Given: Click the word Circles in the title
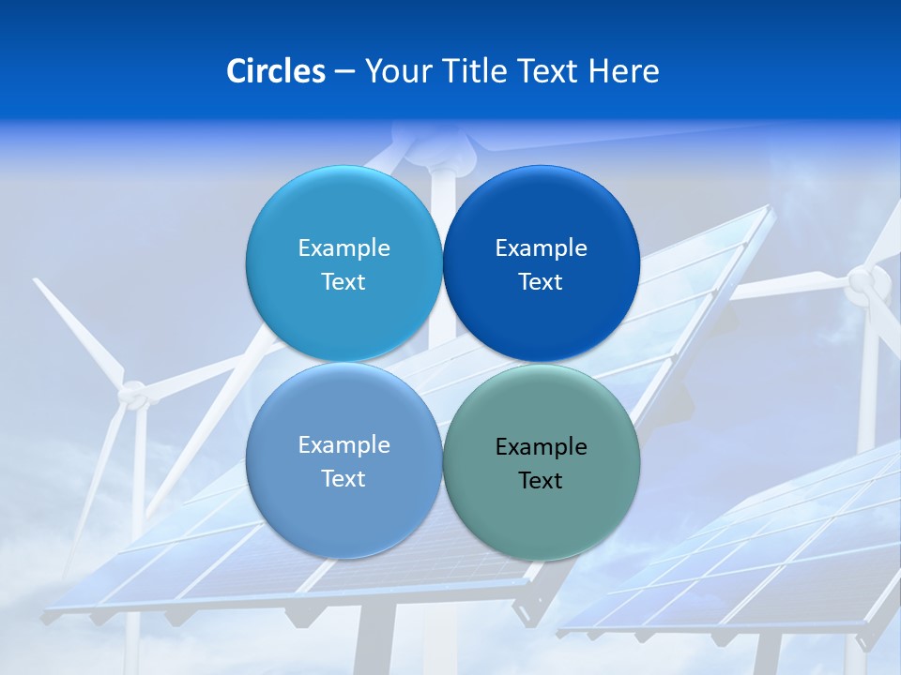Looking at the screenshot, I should pyautogui.click(x=275, y=71).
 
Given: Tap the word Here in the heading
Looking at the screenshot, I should pyautogui.click(x=623, y=71).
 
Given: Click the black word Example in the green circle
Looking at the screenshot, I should pyautogui.click(x=542, y=446).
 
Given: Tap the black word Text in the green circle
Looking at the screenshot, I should pyautogui.click(x=541, y=481).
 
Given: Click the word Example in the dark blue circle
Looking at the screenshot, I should pyautogui.click(x=542, y=248).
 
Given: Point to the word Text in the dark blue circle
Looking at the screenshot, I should pyautogui.click(x=541, y=282).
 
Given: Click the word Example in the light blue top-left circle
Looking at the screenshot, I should pyautogui.click(x=344, y=248).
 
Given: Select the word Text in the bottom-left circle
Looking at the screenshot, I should pyautogui.click(x=344, y=479).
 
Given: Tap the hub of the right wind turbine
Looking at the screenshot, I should pyautogui.click(x=864, y=284).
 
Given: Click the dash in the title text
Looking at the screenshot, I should pyautogui.click(x=344, y=72).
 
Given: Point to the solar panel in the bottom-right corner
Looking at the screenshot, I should pyautogui.click(x=751, y=562).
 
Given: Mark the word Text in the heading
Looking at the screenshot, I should pyautogui.click(x=548, y=71).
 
